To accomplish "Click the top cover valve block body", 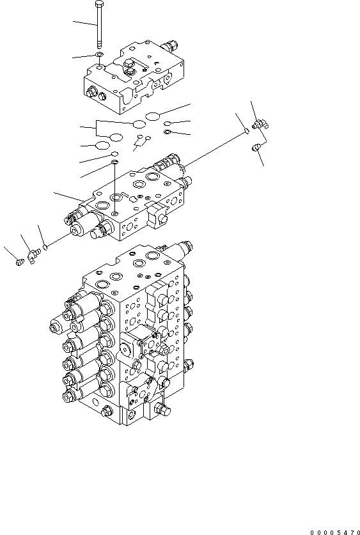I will click(134, 77).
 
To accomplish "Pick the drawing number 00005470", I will click(334, 530).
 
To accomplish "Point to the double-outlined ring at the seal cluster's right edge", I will click(167, 132).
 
